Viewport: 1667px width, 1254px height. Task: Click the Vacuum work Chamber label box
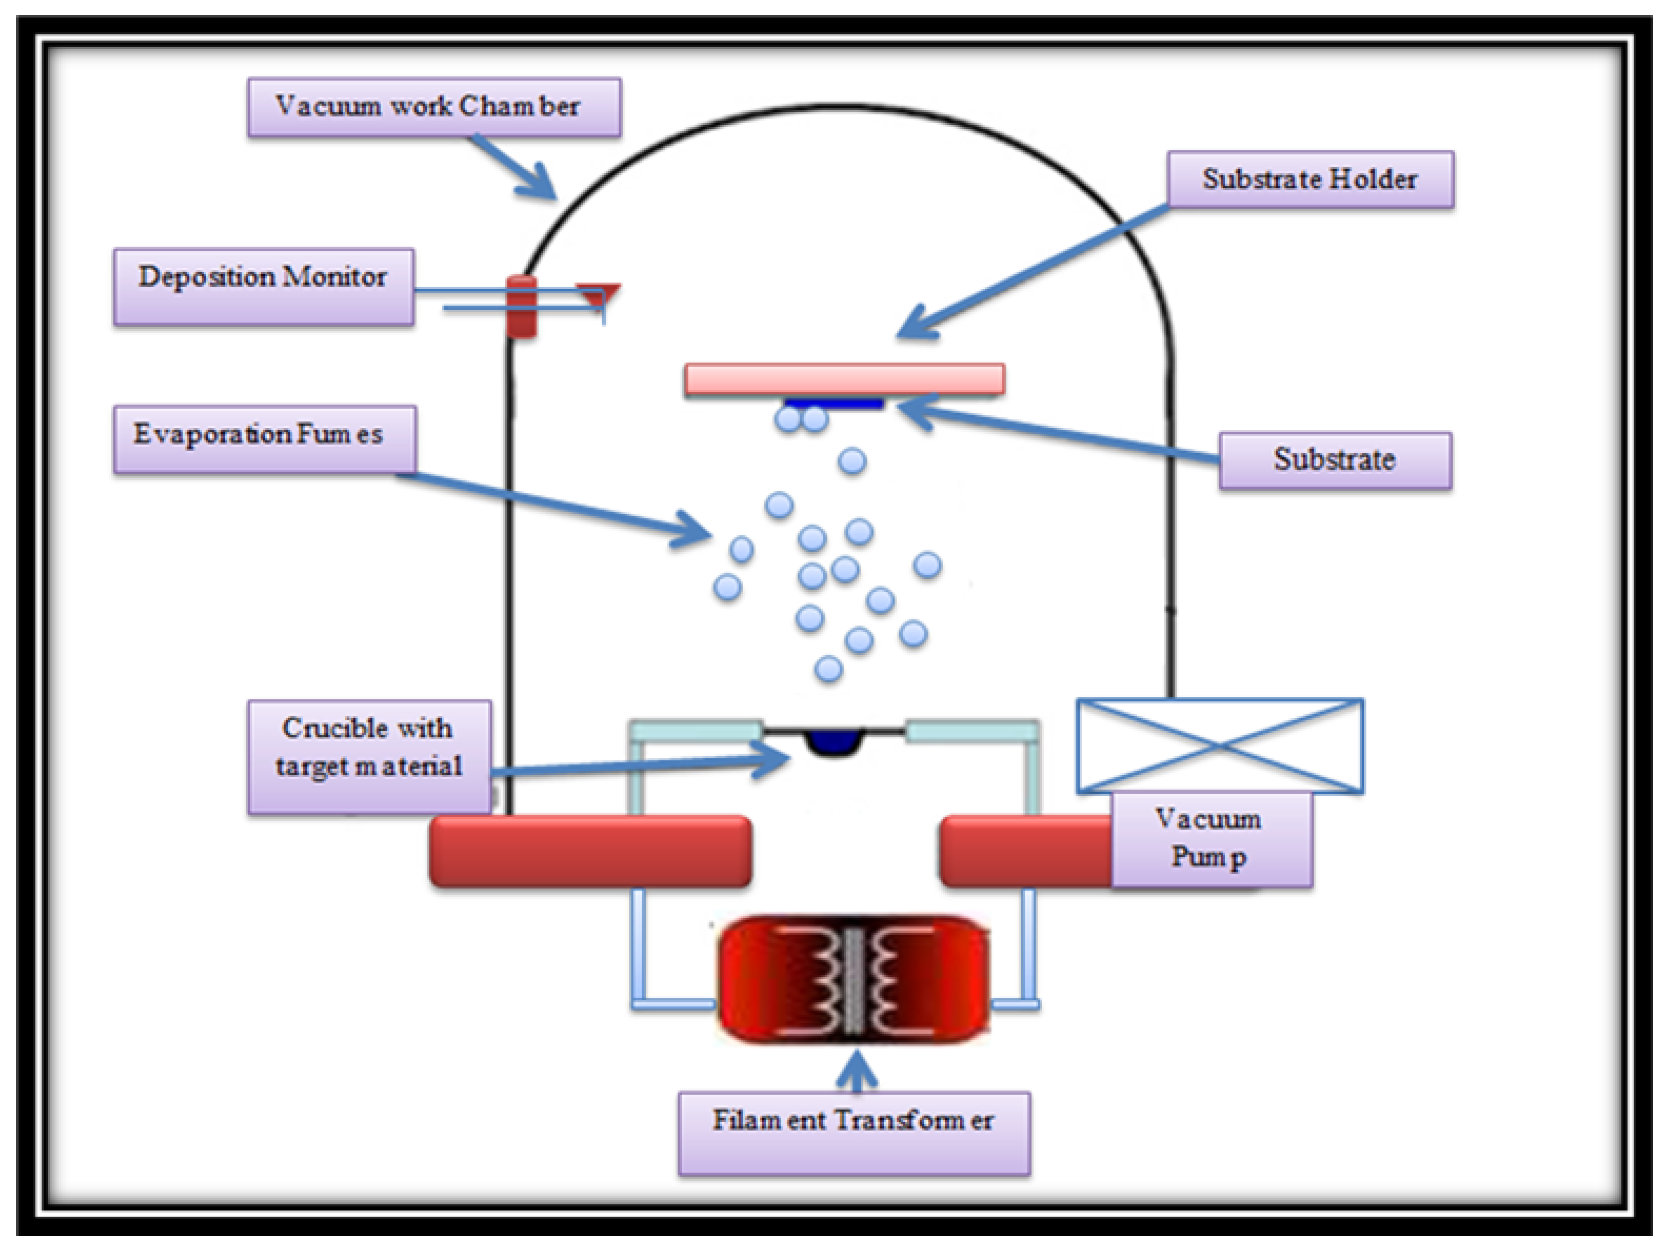434,107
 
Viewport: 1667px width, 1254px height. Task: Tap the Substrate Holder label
1310,179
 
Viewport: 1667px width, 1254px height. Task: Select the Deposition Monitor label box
263,286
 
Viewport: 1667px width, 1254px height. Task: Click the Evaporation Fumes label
264,439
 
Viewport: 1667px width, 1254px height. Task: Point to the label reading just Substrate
1334,460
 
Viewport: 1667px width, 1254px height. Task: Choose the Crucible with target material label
369,756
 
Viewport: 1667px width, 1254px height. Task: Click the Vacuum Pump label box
1211,838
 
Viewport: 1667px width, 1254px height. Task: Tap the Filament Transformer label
853,1132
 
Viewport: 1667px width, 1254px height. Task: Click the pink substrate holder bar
844,379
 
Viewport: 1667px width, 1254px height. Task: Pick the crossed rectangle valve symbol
1219,745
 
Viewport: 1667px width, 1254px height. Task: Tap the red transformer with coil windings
853,979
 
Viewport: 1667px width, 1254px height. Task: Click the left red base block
590,851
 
